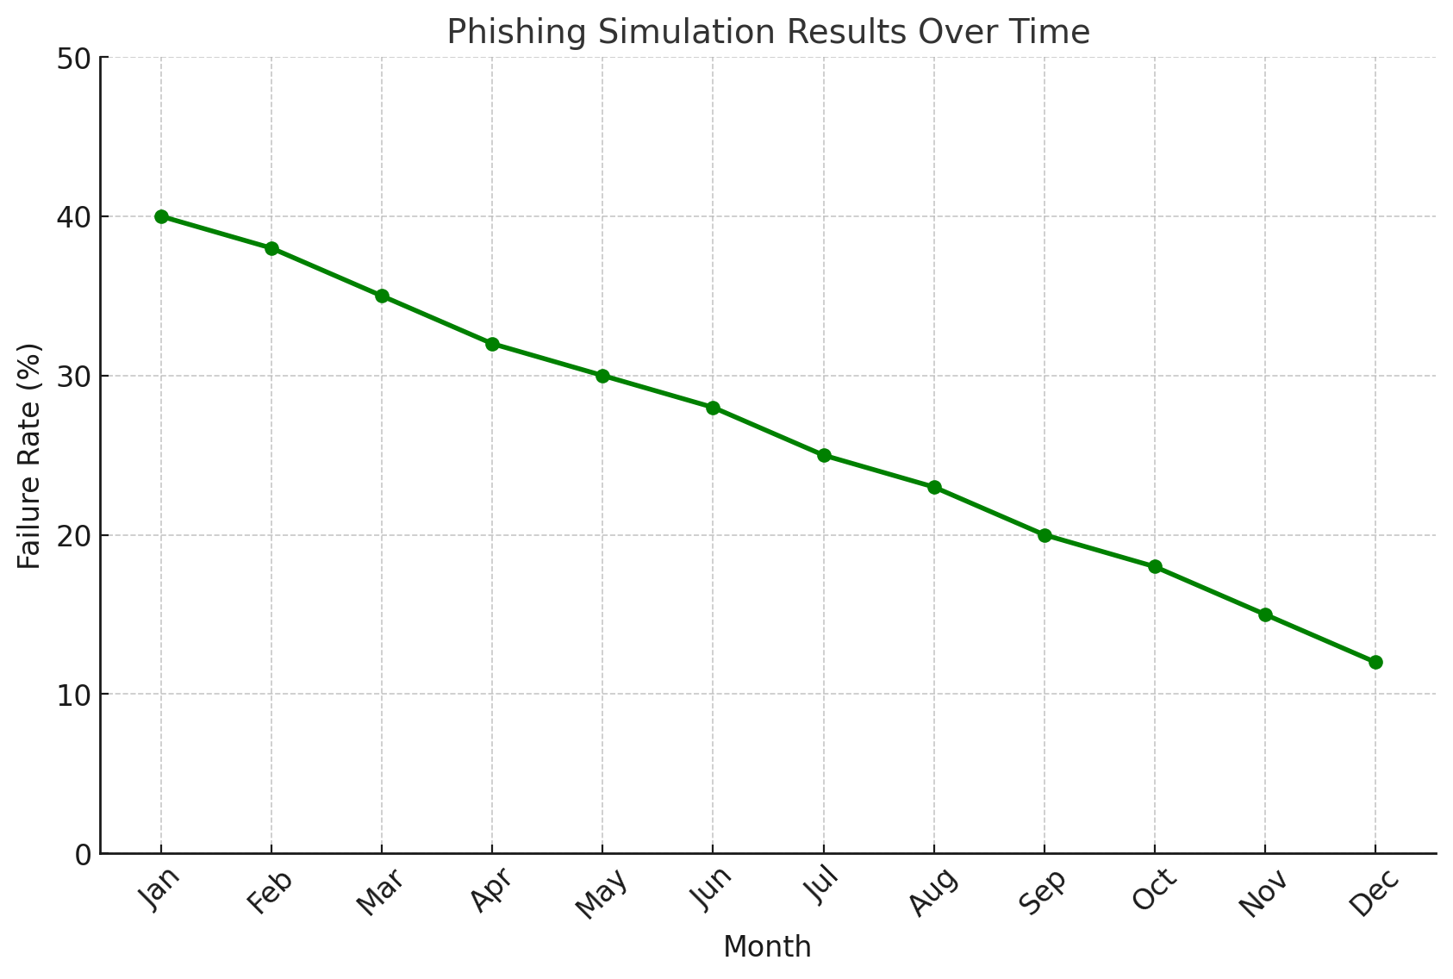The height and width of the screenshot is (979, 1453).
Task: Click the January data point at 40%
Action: tap(161, 216)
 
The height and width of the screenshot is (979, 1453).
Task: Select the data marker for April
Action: tap(492, 344)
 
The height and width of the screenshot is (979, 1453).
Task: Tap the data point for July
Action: tap(824, 455)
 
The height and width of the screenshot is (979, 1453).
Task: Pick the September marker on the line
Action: tap(1045, 535)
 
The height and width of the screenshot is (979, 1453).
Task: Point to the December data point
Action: tap(1375, 662)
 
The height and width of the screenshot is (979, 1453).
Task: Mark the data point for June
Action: tap(713, 408)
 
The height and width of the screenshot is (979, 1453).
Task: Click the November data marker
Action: tap(1265, 614)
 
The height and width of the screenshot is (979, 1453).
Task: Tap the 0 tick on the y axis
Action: tap(83, 854)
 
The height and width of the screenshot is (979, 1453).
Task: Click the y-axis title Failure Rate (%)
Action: tap(30, 456)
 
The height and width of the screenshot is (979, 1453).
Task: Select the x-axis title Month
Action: tap(767, 947)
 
